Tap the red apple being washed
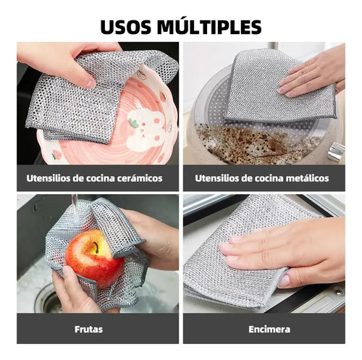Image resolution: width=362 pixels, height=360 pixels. (93, 257)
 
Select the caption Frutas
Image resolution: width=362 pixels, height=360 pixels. (89, 329)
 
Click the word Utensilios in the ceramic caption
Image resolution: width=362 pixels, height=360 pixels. (53, 177)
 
